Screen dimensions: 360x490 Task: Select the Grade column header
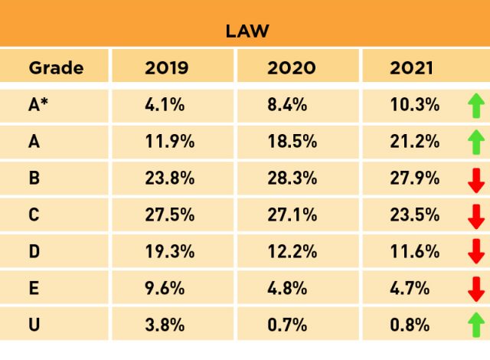tap(56, 67)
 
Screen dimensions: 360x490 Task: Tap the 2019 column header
tap(165, 67)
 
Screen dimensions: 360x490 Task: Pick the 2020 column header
tap(291, 67)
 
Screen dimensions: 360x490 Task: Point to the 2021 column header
tap(412, 67)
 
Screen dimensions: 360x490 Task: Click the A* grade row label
tap(39, 105)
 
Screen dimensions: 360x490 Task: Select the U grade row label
tap(34, 324)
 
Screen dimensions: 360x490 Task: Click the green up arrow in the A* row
tap(475, 106)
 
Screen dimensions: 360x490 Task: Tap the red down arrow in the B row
tap(475, 178)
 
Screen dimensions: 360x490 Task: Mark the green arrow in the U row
tap(475, 325)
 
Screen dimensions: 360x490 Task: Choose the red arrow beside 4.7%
tap(475, 289)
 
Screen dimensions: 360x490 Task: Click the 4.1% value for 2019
tap(165, 105)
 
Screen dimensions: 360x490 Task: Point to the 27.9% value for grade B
tap(414, 178)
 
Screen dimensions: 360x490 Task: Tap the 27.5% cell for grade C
tap(169, 214)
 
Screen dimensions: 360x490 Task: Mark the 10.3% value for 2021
tap(414, 105)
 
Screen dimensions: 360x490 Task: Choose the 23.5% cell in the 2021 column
tap(414, 214)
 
